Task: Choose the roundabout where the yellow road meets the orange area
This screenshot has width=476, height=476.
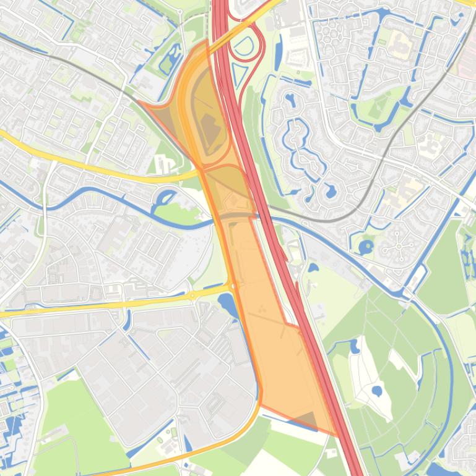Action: pyautogui.click(x=232, y=285)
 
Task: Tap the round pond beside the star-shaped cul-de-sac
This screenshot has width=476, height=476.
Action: pyautogui.click(x=366, y=248)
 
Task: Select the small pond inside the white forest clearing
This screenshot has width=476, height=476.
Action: pyautogui.click(x=377, y=391)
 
